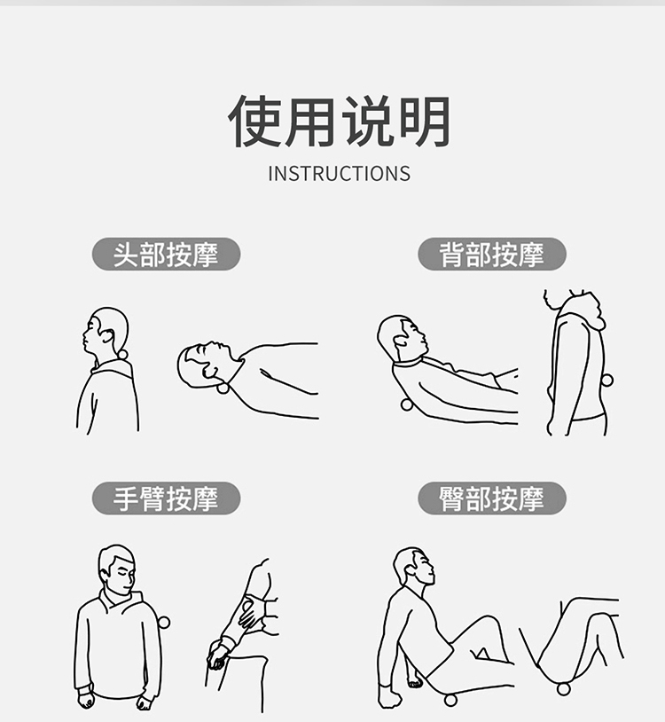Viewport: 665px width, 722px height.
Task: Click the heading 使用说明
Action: [x=340, y=122]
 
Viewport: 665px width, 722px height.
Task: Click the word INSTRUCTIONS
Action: [x=340, y=174]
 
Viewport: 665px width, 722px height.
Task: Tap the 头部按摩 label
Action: [x=166, y=255]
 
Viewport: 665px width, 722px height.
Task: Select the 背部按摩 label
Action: [x=492, y=255]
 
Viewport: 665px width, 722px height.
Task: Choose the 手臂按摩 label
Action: [x=166, y=498]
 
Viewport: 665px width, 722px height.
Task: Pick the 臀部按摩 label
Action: [x=492, y=498]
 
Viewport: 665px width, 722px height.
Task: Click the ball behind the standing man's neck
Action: [x=123, y=355]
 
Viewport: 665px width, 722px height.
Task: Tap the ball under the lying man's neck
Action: [x=223, y=388]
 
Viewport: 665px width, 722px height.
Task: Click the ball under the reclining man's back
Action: [x=406, y=404]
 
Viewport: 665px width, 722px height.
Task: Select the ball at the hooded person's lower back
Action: [x=607, y=380]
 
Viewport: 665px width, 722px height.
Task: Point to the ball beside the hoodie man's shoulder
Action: [x=164, y=623]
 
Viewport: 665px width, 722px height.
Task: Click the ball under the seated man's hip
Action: [x=450, y=700]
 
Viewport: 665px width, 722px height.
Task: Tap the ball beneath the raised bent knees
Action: [x=564, y=689]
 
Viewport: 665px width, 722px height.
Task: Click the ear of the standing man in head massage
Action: [x=107, y=335]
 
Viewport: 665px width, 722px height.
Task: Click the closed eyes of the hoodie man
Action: [x=126, y=574]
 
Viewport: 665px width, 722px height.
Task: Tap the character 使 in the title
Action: [x=255, y=122]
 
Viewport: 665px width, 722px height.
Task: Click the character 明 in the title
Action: [x=425, y=122]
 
